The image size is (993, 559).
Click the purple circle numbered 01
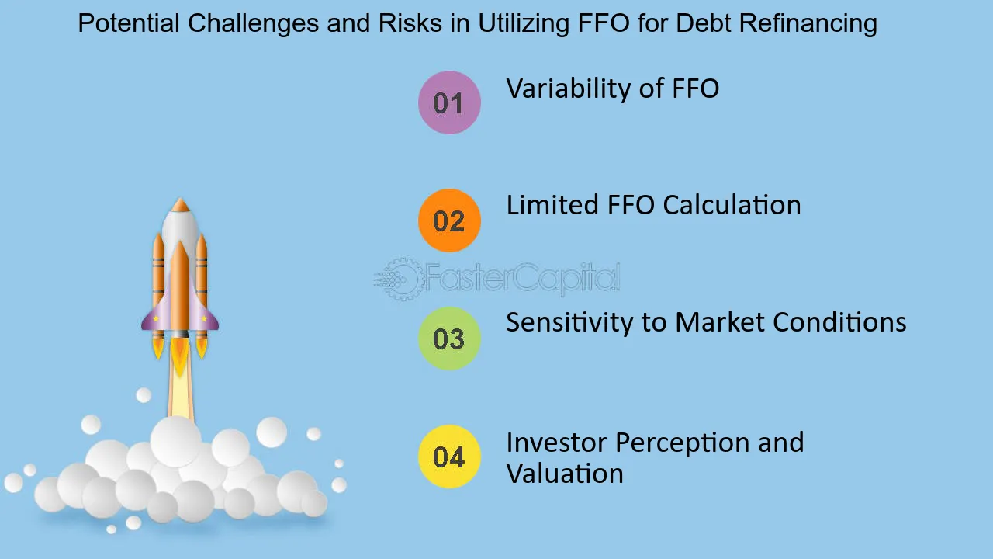coord(449,102)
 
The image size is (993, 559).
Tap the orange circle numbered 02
coord(449,220)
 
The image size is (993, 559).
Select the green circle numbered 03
coord(449,339)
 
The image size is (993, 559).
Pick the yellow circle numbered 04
coord(449,457)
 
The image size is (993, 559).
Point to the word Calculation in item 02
coord(732,205)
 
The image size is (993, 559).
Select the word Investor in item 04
coord(556,443)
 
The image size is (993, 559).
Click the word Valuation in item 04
coord(565,474)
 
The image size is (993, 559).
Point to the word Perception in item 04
coord(682,443)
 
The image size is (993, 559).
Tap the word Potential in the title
coord(129,23)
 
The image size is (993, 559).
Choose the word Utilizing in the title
coord(523,23)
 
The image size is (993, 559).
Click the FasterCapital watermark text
coord(521,278)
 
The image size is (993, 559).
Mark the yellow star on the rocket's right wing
coord(204,318)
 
